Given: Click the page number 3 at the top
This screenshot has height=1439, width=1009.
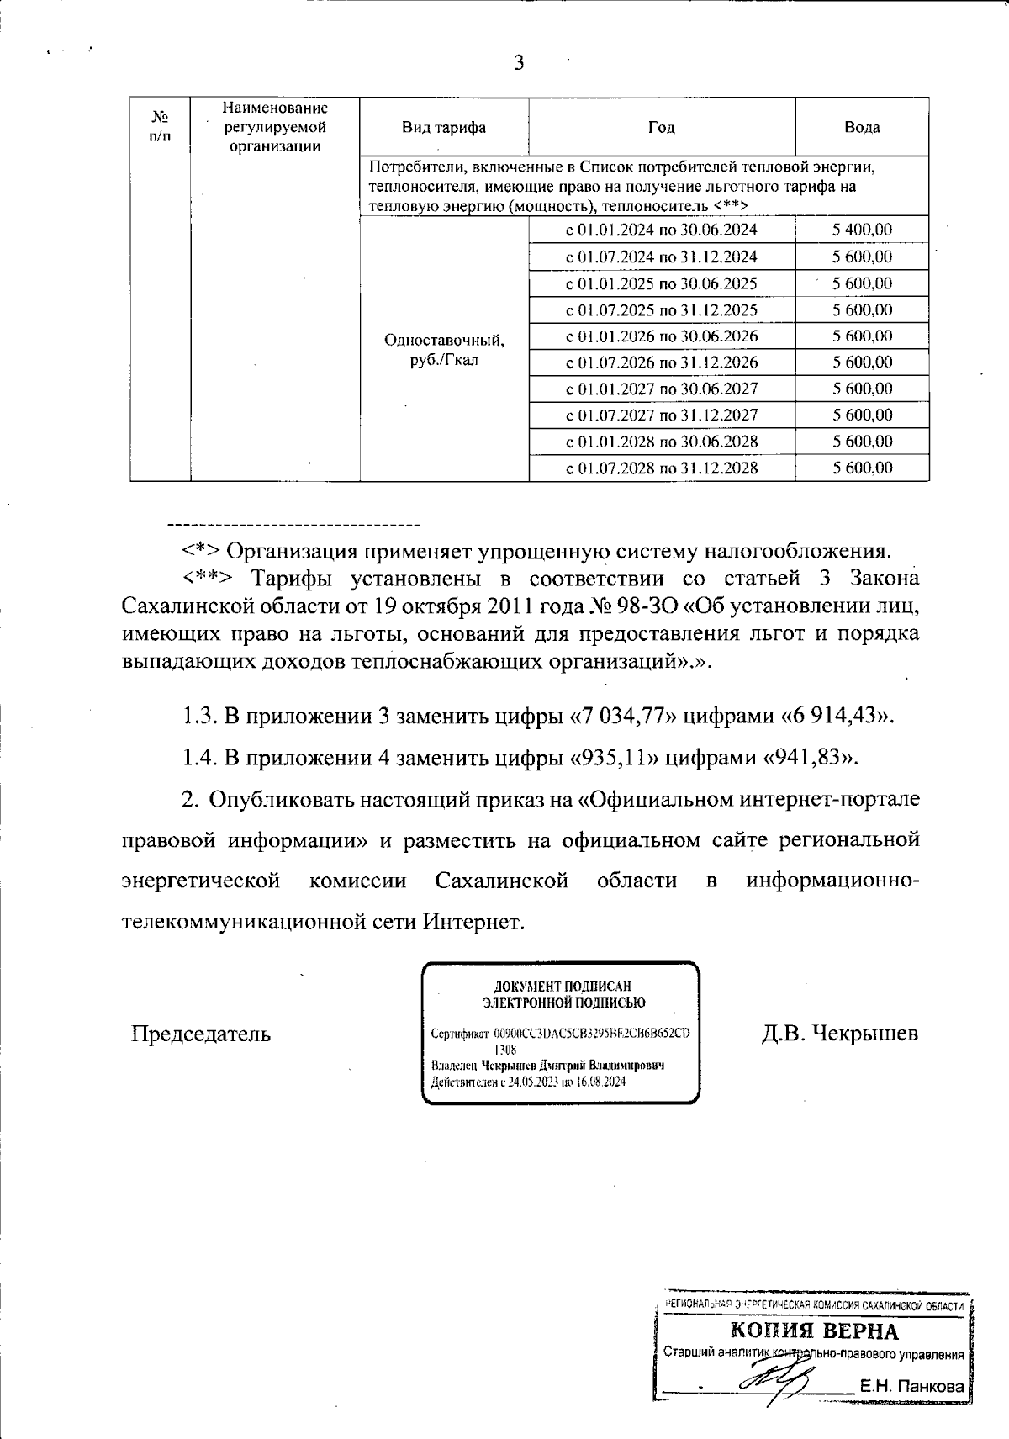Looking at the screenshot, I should coord(519,64).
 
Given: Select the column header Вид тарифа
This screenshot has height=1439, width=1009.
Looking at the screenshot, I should coord(443,128).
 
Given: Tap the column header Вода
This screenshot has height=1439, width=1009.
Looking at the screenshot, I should coord(862,128).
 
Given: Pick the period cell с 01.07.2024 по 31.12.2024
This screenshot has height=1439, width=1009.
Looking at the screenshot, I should coord(662,257).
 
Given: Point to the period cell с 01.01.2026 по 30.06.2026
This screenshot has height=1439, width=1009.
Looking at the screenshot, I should coord(662,336).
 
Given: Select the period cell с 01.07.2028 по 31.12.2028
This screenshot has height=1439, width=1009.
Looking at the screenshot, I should coord(662,468).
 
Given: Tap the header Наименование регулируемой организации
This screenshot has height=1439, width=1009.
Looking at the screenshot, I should coord(275,127).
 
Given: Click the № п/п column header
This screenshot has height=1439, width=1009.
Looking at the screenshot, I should coord(160,127).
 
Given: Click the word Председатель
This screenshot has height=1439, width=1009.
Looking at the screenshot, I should coord(201,1034).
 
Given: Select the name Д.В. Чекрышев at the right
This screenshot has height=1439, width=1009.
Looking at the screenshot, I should coord(839,1034).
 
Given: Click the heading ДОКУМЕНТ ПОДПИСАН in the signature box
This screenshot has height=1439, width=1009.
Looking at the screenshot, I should coord(562,986).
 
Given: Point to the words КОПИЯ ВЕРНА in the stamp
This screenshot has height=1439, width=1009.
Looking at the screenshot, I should coord(813,1331).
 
